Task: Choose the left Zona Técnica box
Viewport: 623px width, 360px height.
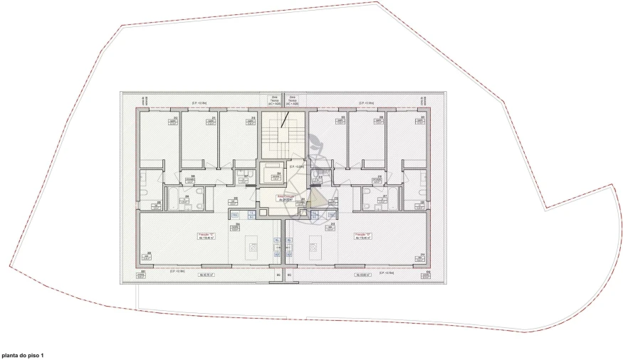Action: click(x=274, y=101)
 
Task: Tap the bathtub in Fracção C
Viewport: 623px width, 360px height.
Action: click(x=174, y=197)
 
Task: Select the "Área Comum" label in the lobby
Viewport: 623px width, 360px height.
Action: click(x=283, y=199)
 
